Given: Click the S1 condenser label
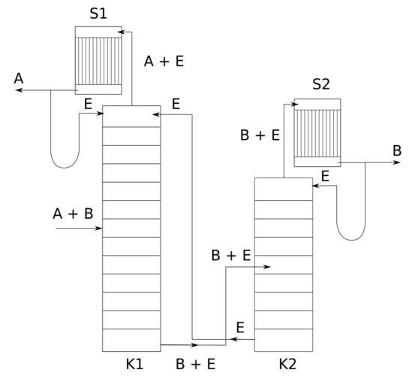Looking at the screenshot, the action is point(98,14).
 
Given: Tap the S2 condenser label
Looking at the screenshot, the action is point(321,84).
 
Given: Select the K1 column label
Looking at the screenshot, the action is point(134,364).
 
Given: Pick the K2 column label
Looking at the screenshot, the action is point(287,364).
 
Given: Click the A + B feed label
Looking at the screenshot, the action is point(73,214).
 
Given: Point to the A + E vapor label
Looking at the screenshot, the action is point(164,61).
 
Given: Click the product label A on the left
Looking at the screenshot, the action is point(19,78).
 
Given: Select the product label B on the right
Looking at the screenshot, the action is point(397,150).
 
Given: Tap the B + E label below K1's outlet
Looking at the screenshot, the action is point(195,364).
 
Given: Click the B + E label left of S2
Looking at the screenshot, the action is point(260,135).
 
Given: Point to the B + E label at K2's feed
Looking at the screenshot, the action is point(231,255).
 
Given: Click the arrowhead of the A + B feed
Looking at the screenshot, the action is point(99,229).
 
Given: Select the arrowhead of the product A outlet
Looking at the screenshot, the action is point(19,90).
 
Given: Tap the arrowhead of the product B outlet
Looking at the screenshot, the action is point(397,162).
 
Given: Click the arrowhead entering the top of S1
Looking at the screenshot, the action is point(122,32).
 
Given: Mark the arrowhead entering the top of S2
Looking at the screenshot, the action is point(295,105).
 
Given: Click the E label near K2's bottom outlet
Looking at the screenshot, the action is point(240,328).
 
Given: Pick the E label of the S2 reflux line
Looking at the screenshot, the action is point(325,177).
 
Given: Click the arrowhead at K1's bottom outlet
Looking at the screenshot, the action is point(194,345).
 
